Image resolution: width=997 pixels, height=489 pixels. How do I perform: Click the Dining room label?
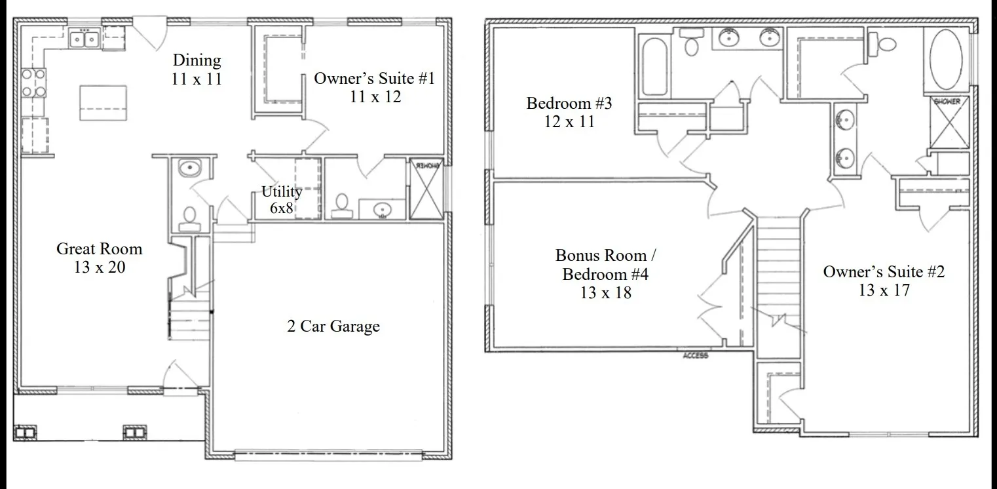[197, 69]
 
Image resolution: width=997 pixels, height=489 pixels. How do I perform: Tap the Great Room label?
[100, 258]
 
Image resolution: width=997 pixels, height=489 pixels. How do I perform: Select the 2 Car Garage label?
[333, 326]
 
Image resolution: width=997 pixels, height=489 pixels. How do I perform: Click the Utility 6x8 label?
[282, 199]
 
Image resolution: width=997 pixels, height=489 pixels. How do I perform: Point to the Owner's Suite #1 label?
[374, 87]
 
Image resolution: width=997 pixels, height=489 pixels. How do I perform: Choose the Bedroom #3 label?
[569, 112]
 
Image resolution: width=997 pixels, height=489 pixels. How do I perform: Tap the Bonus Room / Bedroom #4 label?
[605, 274]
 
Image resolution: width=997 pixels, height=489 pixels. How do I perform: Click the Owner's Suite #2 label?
[884, 281]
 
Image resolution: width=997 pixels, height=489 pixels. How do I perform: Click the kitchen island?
[103, 103]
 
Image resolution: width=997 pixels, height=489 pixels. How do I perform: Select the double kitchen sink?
[84, 38]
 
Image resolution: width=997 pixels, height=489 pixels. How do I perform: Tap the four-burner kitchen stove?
[33, 83]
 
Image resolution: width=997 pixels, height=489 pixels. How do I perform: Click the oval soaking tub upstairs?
[946, 59]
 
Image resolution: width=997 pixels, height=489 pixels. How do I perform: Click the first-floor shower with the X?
[426, 189]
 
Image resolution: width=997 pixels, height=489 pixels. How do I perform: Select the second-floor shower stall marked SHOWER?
[949, 123]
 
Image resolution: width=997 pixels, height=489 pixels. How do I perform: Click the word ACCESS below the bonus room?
[695, 355]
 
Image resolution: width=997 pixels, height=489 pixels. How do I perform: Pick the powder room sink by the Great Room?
[189, 168]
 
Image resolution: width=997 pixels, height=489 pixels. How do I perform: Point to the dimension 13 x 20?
[100, 267]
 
